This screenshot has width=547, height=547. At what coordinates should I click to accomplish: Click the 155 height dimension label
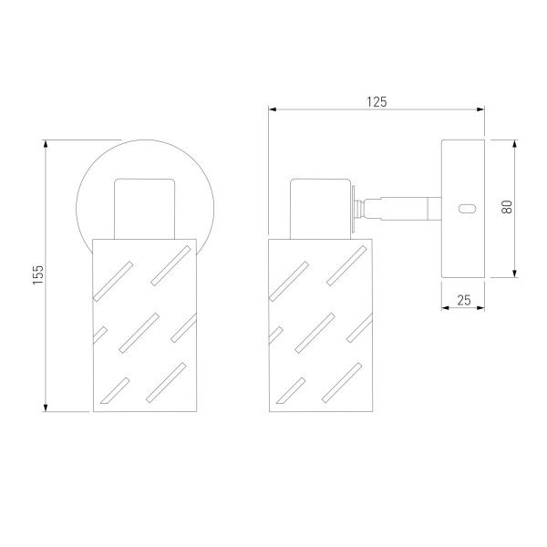[x=38, y=274]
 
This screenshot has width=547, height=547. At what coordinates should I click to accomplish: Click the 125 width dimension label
[x=377, y=102]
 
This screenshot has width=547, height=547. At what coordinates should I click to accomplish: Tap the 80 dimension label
[x=507, y=207]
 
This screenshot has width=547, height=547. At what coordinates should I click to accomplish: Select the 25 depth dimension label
[x=464, y=300]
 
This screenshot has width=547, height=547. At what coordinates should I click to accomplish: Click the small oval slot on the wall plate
[x=467, y=209]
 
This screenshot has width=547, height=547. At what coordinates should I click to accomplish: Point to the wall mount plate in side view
[x=463, y=209]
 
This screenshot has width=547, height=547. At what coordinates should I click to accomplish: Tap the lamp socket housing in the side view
[x=320, y=209]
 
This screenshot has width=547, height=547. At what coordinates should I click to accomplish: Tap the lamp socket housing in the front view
[x=144, y=209]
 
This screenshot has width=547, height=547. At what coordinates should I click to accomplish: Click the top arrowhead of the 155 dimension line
[x=46, y=143]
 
